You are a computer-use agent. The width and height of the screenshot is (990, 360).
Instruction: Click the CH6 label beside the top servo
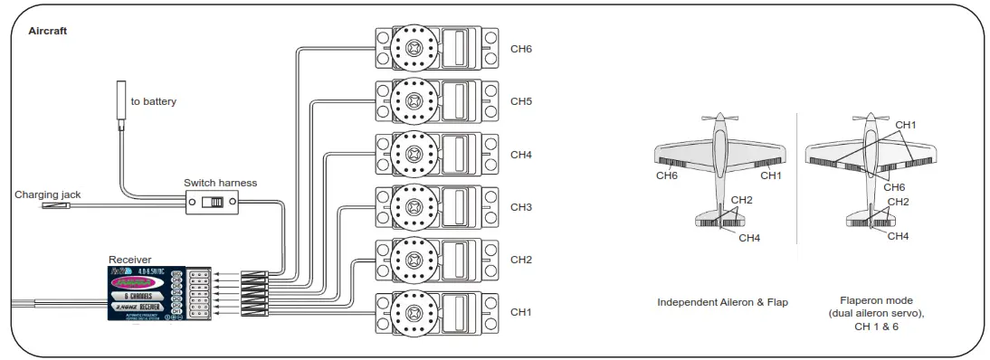[520, 49]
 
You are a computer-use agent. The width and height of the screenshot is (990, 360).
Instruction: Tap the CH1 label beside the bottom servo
[520, 312]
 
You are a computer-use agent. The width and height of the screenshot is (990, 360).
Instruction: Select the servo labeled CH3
[437, 207]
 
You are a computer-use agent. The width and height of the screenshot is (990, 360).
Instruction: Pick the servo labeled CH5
[437, 101]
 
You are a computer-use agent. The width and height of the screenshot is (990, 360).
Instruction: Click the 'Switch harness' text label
[220, 183]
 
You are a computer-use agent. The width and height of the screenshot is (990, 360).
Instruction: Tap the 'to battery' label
[154, 101]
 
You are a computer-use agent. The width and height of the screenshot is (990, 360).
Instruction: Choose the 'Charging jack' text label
[47, 194]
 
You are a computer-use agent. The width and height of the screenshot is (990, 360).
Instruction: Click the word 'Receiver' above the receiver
[130, 260]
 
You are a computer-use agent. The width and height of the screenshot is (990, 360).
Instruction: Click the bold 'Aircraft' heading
[47, 31]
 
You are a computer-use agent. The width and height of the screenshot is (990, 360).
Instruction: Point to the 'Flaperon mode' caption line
[875, 300]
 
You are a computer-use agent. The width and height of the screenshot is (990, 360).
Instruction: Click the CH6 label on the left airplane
[667, 175]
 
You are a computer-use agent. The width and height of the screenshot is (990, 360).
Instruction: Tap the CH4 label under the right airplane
[898, 236]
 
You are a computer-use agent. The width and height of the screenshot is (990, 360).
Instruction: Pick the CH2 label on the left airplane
[741, 200]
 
